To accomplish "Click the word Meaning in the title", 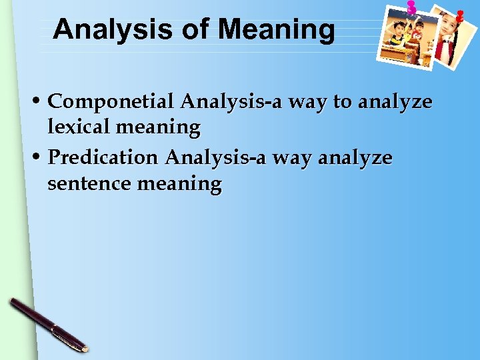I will coord(276,30).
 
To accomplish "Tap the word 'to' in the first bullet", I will coord(342,102).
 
